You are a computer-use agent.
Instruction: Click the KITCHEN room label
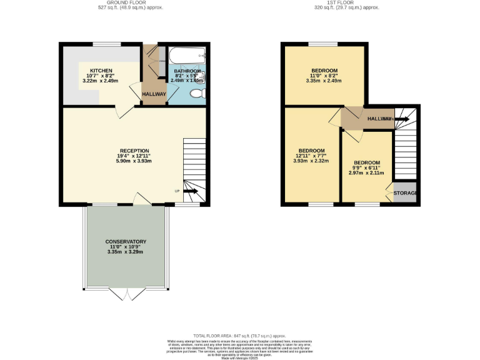[100, 71]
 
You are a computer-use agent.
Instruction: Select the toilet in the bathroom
[197, 94]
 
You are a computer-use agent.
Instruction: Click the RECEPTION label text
[135, 151]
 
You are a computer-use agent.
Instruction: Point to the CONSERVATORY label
[126, 241]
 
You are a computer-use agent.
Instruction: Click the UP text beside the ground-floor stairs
[177, 191]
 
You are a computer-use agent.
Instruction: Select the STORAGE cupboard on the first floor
[404, 193]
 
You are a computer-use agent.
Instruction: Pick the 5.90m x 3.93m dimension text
[135, 161]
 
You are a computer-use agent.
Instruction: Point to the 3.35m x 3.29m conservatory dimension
[126, 252]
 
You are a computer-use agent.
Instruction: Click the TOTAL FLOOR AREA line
[240, 335]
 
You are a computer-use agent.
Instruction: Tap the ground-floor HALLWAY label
[154, 94]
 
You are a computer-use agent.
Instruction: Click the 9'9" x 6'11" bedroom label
[366, 168]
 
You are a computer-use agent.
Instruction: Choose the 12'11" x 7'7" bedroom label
[311, 156]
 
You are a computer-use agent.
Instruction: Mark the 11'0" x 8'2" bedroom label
[324, 75]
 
